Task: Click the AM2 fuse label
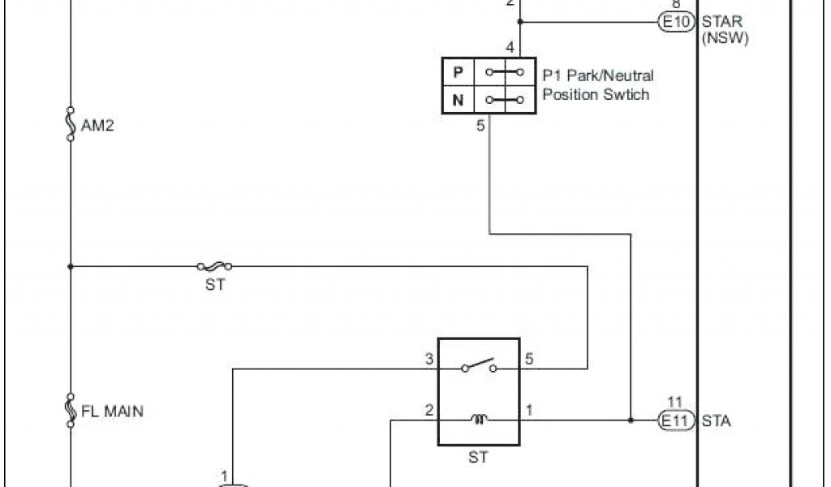click(98, 127)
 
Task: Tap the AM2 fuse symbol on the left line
click(71, 123)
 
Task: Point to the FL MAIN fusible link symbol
click(71, 409)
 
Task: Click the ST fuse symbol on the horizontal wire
click(214, 265)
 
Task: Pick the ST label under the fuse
click(214, 285)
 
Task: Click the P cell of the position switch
click(459, 72)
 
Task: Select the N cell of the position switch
click(459, 101)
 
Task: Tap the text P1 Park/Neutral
click(598, 75)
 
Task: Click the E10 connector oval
click(676, 22)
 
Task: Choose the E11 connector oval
click(676, 420)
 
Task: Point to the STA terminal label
click(717, 420)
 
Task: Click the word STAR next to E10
click(722, 22)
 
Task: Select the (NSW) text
click(725, 37)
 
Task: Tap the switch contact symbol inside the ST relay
click(479, 365)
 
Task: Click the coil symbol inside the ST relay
click(479, 419)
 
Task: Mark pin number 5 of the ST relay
click(530, 358)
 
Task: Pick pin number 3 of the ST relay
click(429, 358)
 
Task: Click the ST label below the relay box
click(478, 458)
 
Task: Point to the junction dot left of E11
click(631, 420)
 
